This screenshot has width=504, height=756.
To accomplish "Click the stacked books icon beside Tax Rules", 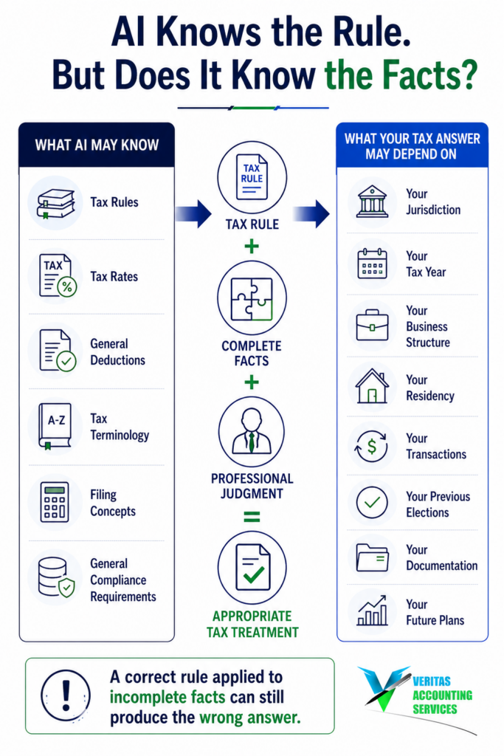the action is pyautogui.click(x=56, y=204).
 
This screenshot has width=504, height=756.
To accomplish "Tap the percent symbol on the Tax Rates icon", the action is pyautogui.click(x=67, y=287).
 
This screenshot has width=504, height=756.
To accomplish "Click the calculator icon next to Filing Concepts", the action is pyautogui.click(x=55, y=502).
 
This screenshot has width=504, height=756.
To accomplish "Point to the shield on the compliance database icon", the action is pyautogui.click(x=66, y=588).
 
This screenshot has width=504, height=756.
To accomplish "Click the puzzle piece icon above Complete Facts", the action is pyautogui.click(x=252, y=299).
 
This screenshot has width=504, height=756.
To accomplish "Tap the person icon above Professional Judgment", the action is pyautogui.click(x=252, y=431).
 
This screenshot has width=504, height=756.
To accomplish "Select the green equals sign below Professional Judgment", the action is pyautogui.click(x=252, y=517).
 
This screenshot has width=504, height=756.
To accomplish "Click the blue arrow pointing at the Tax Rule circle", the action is pyautogui.click(x=193, y=213).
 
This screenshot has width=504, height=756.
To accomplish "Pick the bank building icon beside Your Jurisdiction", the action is pyautogui.click(x=372, y=201).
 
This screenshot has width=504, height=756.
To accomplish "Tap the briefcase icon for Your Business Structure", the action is pyautogui.click(x=372, y=326).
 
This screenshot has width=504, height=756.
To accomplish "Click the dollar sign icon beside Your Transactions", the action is pyautogui.click(x=371, y=447).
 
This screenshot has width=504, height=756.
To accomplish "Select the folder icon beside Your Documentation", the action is pyautogui.click(x=372, y=558).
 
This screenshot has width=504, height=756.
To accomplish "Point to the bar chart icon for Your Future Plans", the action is pyautogui.click(x=372, y=611).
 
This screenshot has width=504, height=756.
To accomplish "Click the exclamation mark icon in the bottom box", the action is pyautogui.click(x=66, y=695).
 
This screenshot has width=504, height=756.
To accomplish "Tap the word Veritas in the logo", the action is pyautogui.click(x=431, y=681).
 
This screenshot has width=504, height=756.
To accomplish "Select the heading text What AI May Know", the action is pyautogui.click(x=97, y=145).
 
